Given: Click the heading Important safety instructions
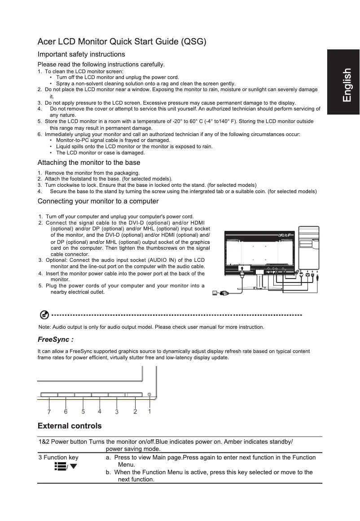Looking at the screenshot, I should pos(81,54).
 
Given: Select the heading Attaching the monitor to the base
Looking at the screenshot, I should pos(89,163).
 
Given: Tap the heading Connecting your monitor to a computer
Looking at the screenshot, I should pos(98,201).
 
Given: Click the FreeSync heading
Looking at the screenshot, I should pos(55,340).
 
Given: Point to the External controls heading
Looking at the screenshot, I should pos(70,426).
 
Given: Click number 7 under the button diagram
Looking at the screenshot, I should pos(49,411).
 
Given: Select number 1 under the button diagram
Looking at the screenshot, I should pos(149,411).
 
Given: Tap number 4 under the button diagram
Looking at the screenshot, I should pos(100,411).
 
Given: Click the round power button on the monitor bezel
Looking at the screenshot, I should pos(149,394).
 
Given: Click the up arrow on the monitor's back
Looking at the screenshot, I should pos(241,268).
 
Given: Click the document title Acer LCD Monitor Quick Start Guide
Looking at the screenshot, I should pos(122,42).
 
